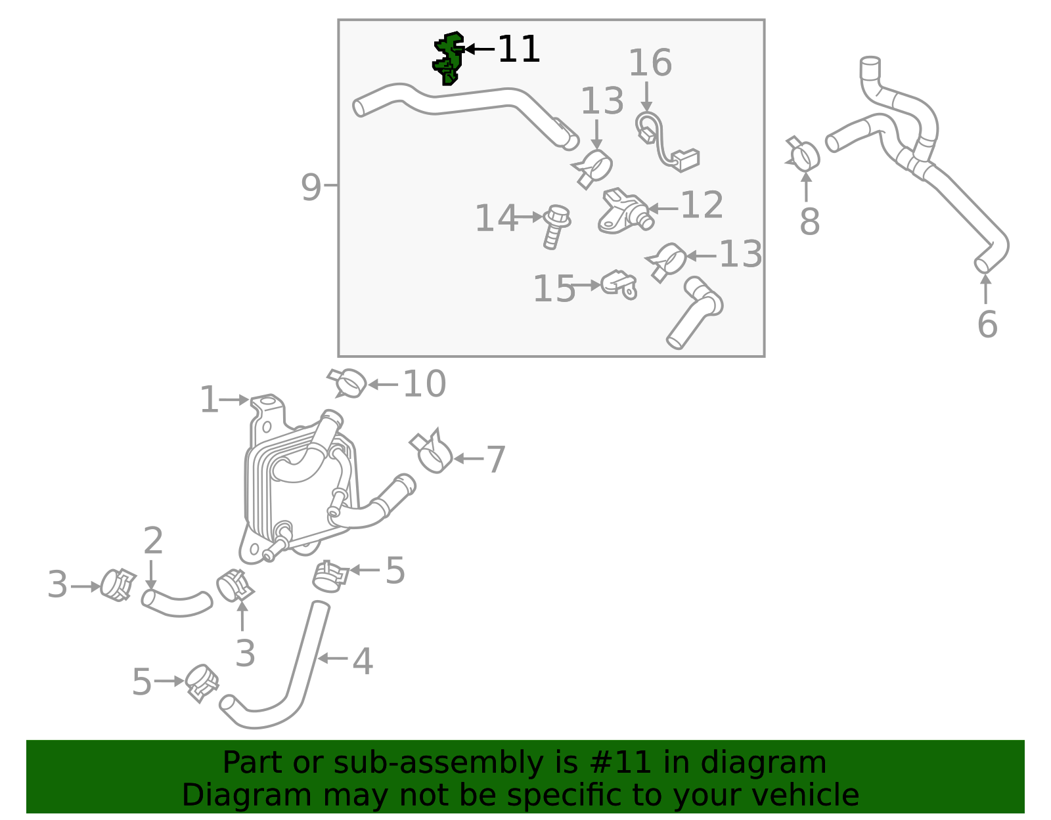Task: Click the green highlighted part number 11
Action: click(x=449, y=59)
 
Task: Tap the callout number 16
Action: click(x=650, y=63)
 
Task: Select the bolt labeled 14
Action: click(x=556, y=227)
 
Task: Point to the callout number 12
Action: click(x=702, y=205)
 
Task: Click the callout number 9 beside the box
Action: click(x=311, y=188)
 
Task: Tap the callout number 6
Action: click(x=987, y=324)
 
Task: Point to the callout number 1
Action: click(x=209, y=400)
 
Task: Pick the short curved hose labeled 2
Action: click(x=177, y=603)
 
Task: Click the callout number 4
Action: click(x=362, y=661)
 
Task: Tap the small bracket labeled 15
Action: click(x=619, y=285)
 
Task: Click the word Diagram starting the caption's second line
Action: click(x=247, y=795)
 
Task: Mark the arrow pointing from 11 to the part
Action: click(x=480, y=49)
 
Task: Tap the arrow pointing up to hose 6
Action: click(x=986, y=288)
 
